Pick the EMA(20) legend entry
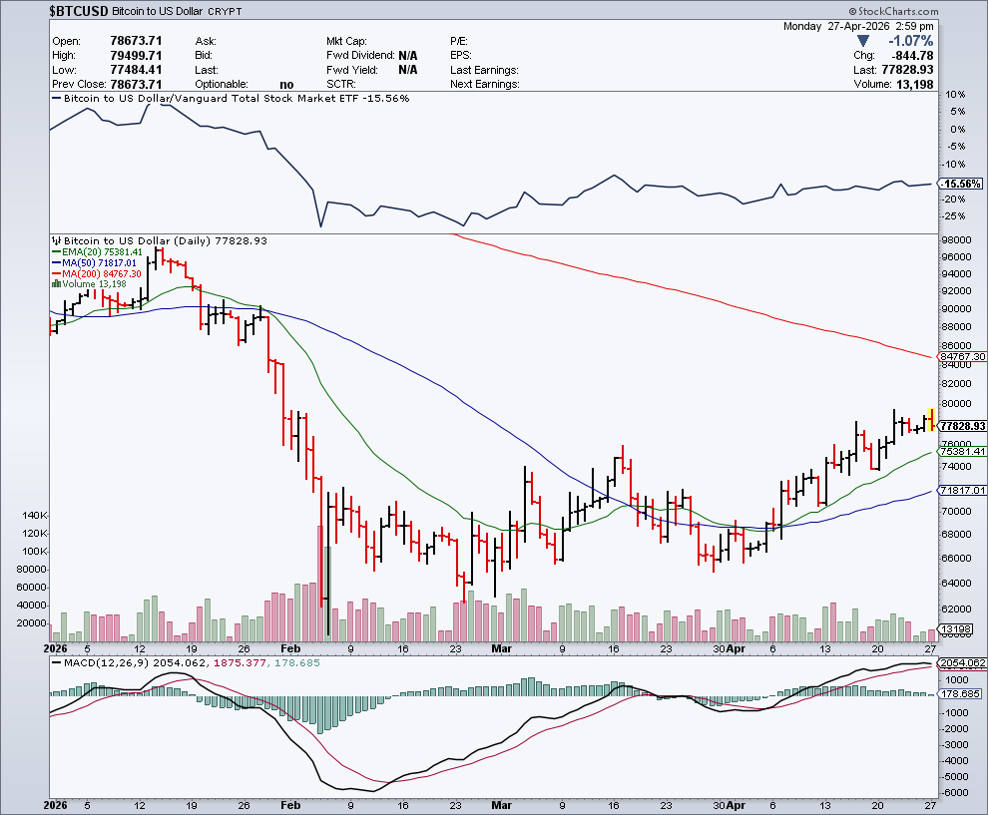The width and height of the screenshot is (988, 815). click(96, 252)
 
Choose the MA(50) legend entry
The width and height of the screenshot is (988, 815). click(94, 262)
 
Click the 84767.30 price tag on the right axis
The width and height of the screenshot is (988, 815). click(963, 356)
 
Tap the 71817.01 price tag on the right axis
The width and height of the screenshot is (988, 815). click(963, 491)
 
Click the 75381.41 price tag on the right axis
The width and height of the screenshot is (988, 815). click(963, 452)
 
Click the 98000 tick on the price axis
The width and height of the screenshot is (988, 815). click(957, 240)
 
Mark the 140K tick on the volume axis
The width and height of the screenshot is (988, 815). click(33, 516)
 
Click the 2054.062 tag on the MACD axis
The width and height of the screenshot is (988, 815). click(963, 663)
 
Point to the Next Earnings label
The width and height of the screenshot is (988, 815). click(484, 85)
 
